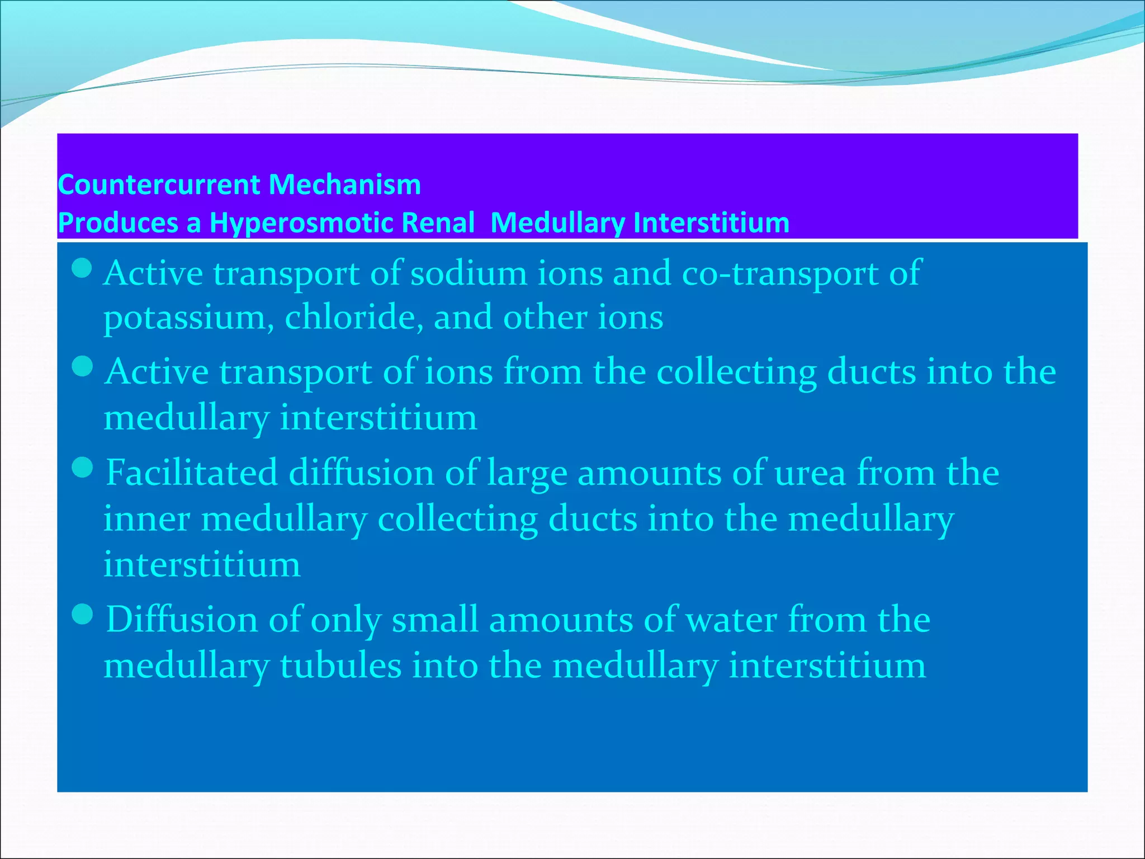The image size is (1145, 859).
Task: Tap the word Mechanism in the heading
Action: [x=344, y=185]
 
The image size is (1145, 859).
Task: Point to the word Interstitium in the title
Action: [x=711, y=223]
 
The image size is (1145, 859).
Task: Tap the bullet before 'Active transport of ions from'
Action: [x=82, y=367]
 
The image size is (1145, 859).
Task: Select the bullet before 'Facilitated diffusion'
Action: [x=82, y=468]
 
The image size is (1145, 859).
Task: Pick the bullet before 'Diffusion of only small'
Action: [x=82, y=615]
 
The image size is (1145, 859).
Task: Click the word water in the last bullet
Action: [x=731, y=620]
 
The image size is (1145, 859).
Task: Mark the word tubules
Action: [x=340, y=666]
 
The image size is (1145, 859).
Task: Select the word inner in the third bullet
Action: [x=146, y=519]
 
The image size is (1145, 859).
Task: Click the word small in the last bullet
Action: [x=435, y=620]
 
